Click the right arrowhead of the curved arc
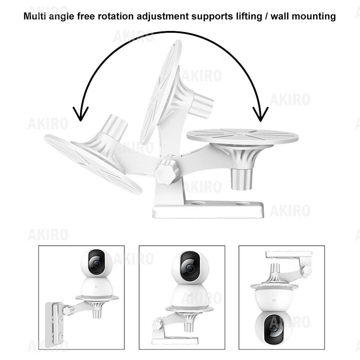click(260, 114)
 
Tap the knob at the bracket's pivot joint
click(167, 171)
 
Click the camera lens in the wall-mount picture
click(96, 264)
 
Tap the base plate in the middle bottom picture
click(175, 340)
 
